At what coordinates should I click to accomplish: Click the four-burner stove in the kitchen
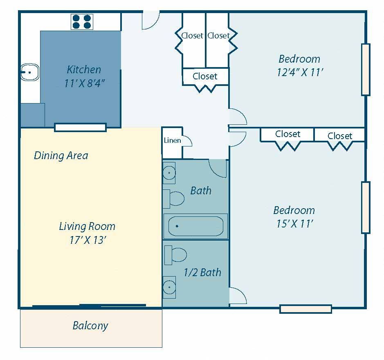[82, 22]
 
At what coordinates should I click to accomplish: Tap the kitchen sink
[29, 72]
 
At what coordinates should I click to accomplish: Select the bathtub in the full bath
[195, 226]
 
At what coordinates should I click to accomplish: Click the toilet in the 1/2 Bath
[175, 255]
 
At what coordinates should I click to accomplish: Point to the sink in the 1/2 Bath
[169, 287]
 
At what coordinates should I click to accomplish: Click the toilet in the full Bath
[174, 199]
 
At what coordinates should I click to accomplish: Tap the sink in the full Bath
[169, 173]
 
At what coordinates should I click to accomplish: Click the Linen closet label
[173, 140]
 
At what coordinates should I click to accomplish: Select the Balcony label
[90, 326]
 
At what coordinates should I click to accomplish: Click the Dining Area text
[61, 155]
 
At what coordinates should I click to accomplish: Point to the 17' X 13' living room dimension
[88, 240]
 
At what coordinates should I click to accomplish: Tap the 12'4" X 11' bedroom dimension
[300, 72]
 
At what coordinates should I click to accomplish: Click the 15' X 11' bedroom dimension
[294, 223]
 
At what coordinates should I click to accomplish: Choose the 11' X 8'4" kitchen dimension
[85, 83]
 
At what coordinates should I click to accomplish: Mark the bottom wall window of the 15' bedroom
[305, 309]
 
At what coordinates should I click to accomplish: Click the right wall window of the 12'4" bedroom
[366, 70]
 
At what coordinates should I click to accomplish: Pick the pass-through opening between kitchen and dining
[80, 128]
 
